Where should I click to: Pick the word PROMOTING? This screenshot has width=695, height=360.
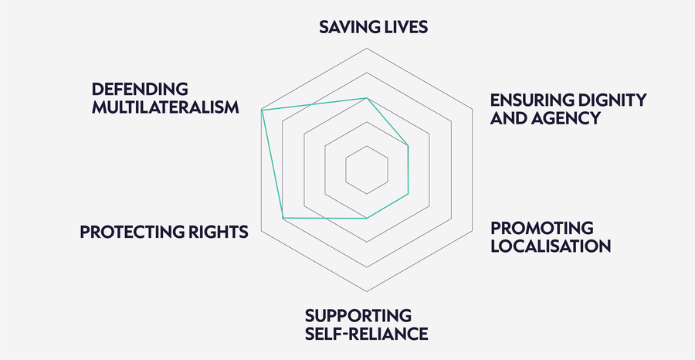pyautogui.click(x=541, y=228)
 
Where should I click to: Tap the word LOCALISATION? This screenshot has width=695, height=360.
pyautogui.click(x=551, y=246)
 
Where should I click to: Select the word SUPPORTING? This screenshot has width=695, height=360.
pyautogui.click(x=358, y=316)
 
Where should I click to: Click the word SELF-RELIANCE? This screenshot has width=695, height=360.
pyautogui.click(x=367, y=334)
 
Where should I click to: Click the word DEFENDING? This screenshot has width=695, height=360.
pyautogui.click(x=140, y=89)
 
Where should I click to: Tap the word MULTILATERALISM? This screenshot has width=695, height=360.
pyautogui.click(x=165, y=107)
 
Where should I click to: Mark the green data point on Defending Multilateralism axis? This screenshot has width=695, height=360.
pyautogui.click(x=262, y=110)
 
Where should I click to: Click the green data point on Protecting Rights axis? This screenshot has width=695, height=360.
pyautogui.click(x=283, y=218)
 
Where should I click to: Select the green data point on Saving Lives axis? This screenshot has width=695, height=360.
pyautogui.click(x=367, y=98)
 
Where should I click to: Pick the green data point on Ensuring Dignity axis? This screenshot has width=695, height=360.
pyautogui.click(x=408, y=145)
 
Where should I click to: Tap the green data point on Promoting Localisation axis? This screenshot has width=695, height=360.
pyautogui.click(x=408, y=194)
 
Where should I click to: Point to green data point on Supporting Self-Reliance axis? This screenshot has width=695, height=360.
pyautogui.click(x=367, y=218)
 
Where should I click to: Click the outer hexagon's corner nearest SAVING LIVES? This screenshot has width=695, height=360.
pyautogui.click(x=367, y=49)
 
